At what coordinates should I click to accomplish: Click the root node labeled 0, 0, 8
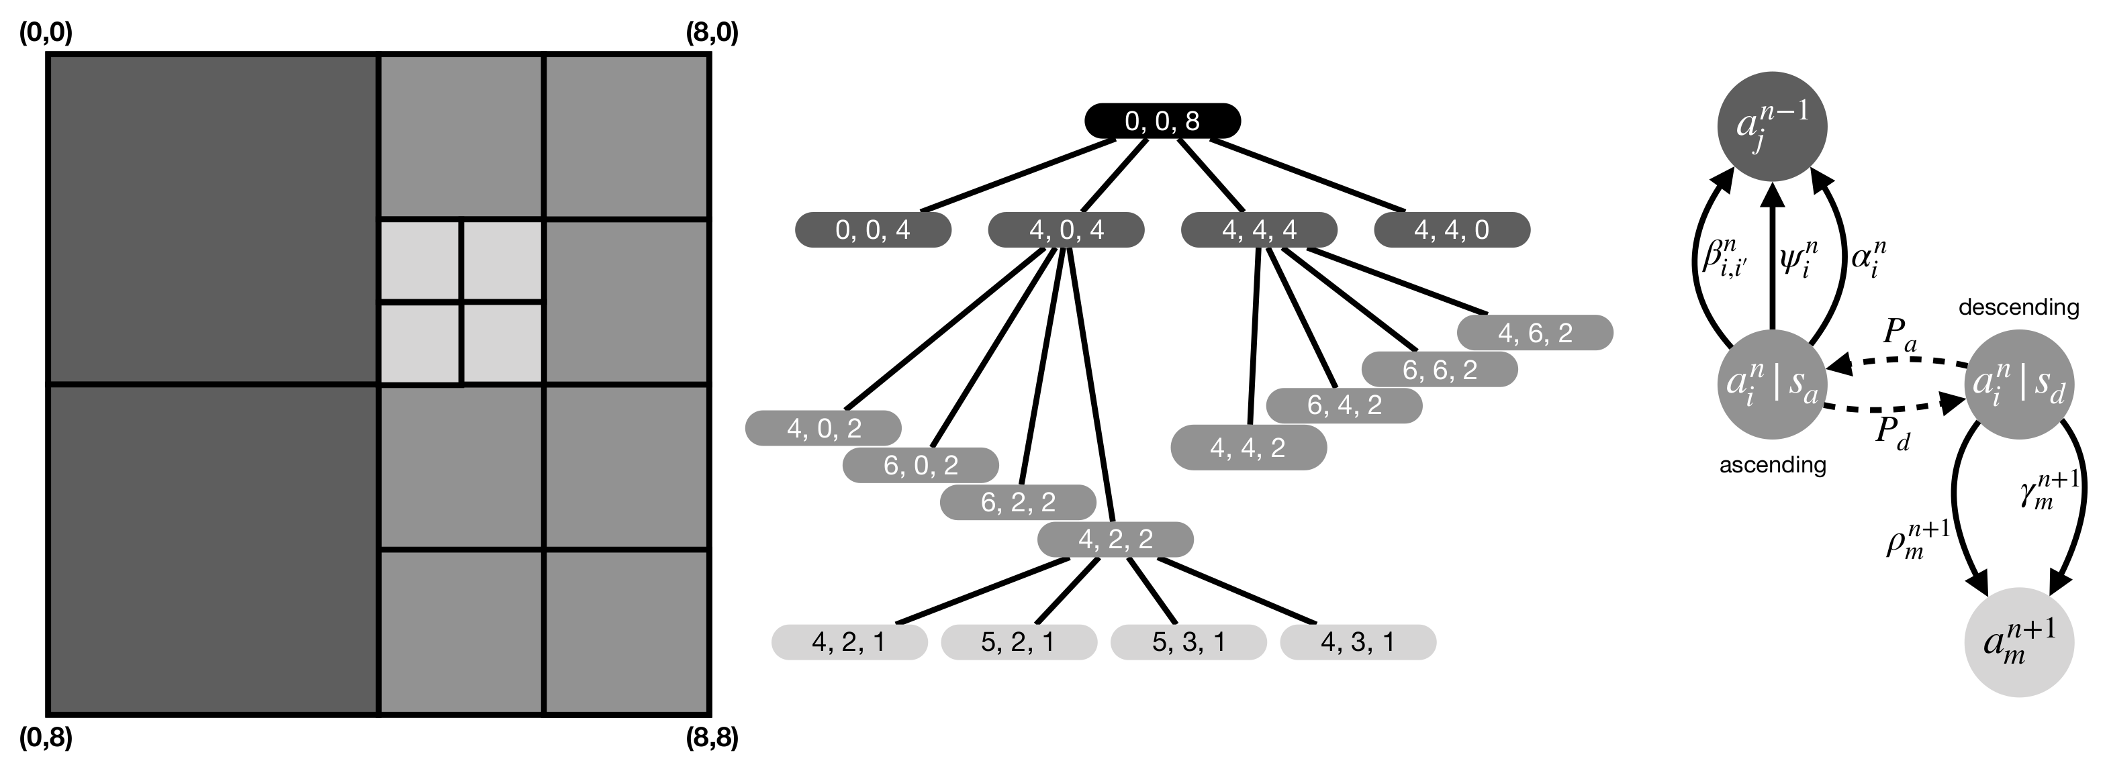pyautogui.click(x=1162, y=121)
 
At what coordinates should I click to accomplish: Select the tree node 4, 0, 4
pyautogui.click(x=1066, y=229)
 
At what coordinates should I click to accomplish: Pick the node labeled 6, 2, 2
pyautogui.click(x=1017, y=501)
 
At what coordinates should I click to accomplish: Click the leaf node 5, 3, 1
pyautogui.click(x=1188, y=642)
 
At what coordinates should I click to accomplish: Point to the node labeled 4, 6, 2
pyautogui.click(x=1535, y=332)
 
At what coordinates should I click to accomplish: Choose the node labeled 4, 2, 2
pyautogui.click(x=1115, y=539)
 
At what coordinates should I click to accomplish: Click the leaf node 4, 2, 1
pyautogui.click(x=849, y=642)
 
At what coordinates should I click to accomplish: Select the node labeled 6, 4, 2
pyautogui.click(x=1344, y=405)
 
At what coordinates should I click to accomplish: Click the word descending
pyautogui.click(x=2018, y=307)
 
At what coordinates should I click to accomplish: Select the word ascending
pyautogui.click(x=1773, y=465)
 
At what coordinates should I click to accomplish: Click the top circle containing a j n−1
pyautogui.click(x=1771, y=127)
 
